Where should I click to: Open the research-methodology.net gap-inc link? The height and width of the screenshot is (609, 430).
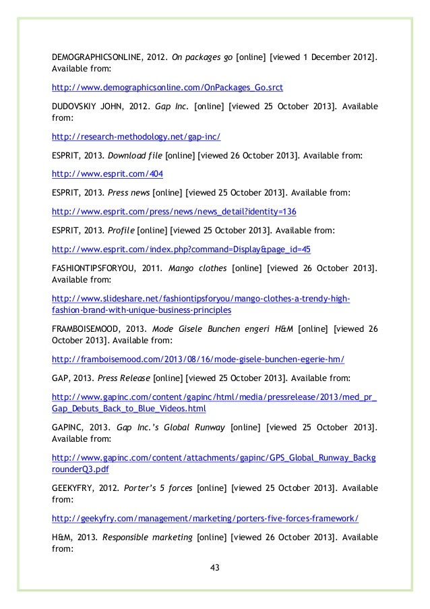(x=136, y=137)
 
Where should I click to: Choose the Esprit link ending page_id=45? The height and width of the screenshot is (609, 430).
(x=181, y=248)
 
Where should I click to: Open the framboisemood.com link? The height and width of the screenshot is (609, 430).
(x=202, y=359)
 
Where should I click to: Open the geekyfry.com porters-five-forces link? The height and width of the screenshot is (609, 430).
(x=206, y=519)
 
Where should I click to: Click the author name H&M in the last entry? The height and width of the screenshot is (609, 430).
(x=62, y=537)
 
